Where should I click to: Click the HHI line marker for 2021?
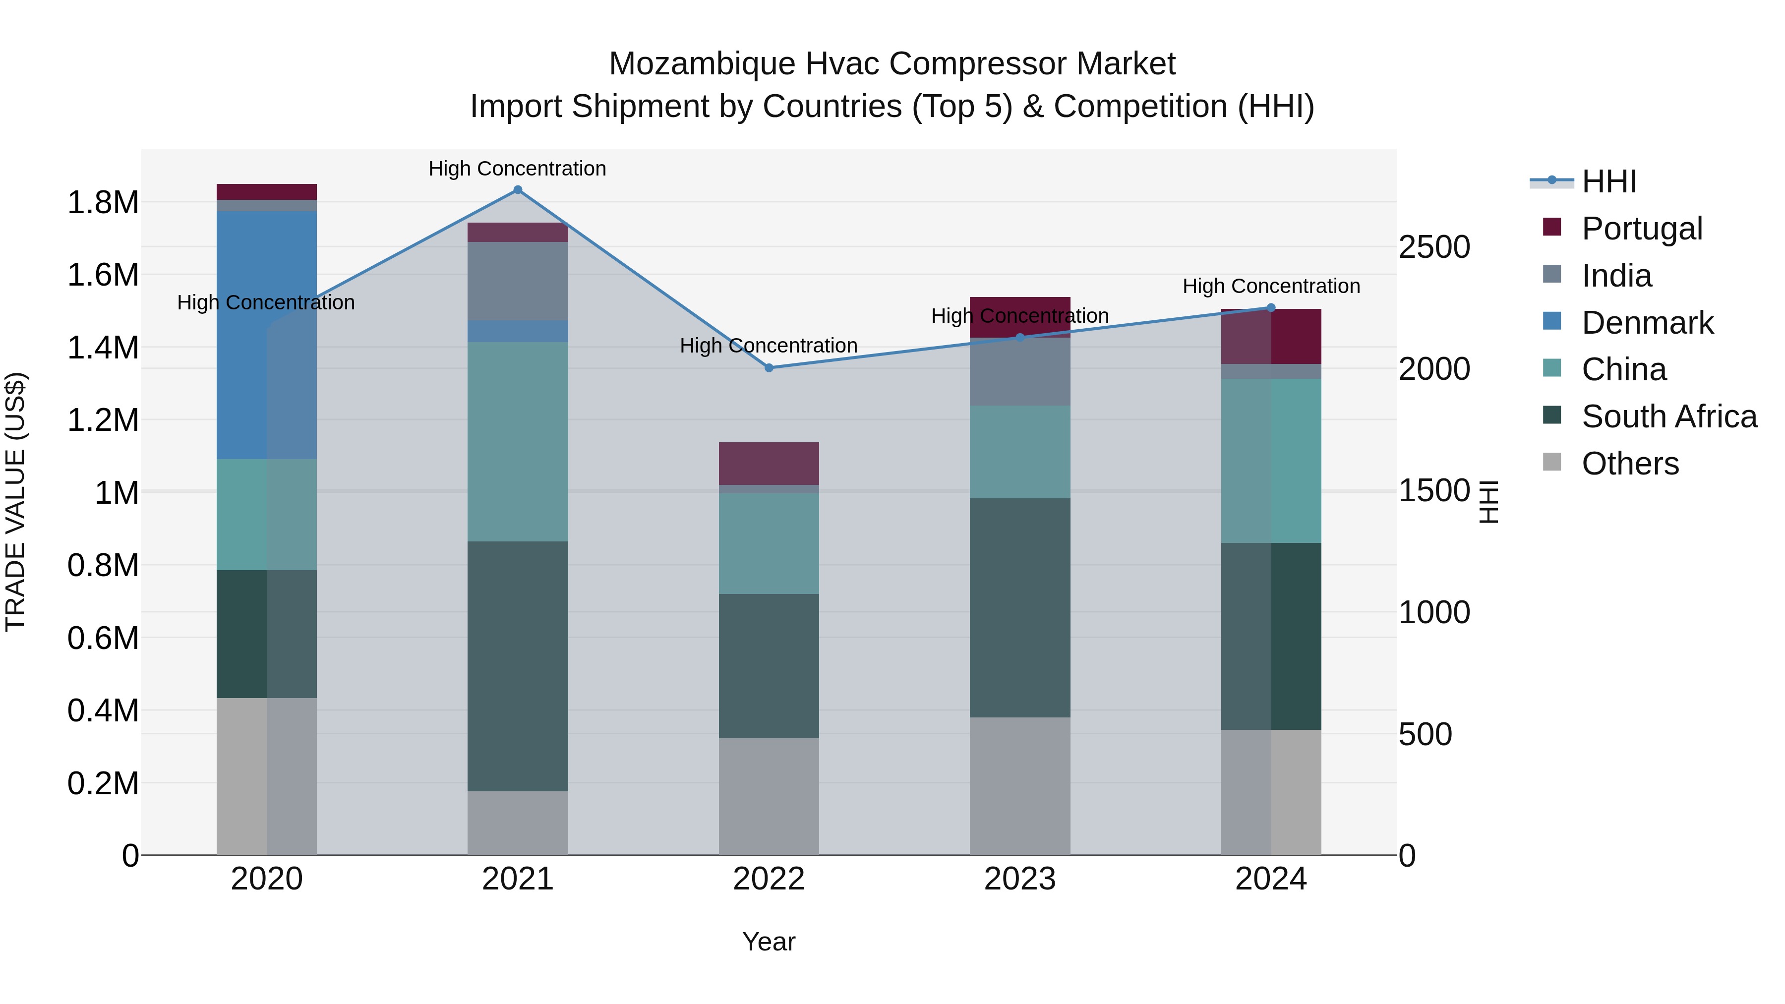click(518, 190)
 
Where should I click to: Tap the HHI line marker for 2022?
click(769, 368)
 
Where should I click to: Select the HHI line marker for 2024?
click(1271, 307)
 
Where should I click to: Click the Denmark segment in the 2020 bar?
click(267, 335)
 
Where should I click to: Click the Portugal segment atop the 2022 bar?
click(769, 463)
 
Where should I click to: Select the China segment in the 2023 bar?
click(1019, 452)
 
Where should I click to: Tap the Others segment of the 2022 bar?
click(769, 796)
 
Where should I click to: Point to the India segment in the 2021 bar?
click(518, 281)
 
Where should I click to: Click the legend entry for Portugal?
click(1642, 229)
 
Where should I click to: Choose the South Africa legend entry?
click(1668, 416)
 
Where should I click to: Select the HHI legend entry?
click(1609, 181)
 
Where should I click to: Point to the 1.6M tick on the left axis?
click(103, 275)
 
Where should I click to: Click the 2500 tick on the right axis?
click(1433, 247)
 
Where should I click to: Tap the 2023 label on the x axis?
click(1019, 879)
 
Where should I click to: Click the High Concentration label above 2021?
click(517, 169)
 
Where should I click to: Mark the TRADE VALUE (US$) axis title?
click(15, 502)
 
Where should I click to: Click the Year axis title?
click(769, 942)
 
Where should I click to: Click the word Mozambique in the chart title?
click(701, 64)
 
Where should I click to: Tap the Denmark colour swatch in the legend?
click(1552, 322)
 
